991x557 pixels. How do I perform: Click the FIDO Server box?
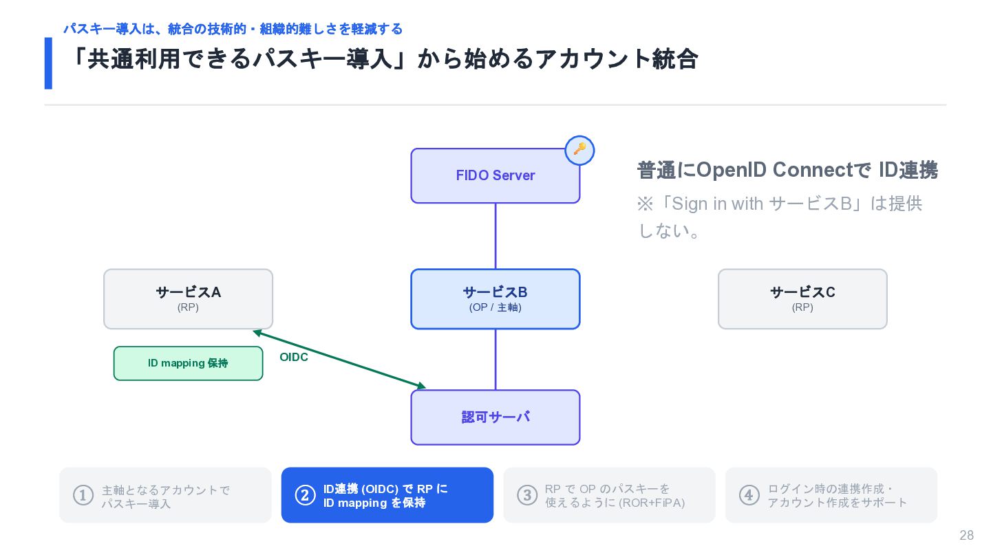point(495,175)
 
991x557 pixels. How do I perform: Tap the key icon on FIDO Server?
point(579,151)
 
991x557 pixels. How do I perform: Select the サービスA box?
point(188,299)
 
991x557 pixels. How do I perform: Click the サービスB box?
point(495,299)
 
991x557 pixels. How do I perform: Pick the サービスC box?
point(802,299)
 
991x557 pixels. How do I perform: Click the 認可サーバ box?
point(495,417)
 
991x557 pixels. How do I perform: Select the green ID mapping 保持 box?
point(188,363)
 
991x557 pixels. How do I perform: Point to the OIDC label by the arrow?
point(294,357)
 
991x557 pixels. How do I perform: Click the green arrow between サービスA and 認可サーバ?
point(339,360)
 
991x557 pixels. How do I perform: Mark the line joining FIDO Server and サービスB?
point(495,236)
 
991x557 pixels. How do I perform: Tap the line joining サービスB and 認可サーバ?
point(495,360)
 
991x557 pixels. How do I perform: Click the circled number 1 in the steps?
point(83,495)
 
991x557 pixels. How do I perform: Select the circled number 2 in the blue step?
point(306,495)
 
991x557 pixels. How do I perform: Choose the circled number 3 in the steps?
point(527,495)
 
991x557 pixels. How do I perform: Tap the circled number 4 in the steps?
point(749,495)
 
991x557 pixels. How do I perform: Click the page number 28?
point(967,535)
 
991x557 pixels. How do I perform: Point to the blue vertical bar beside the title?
point(48,63)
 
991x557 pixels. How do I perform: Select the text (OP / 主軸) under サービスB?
point(495,307)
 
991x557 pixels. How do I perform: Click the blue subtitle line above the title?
point(233,29)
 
